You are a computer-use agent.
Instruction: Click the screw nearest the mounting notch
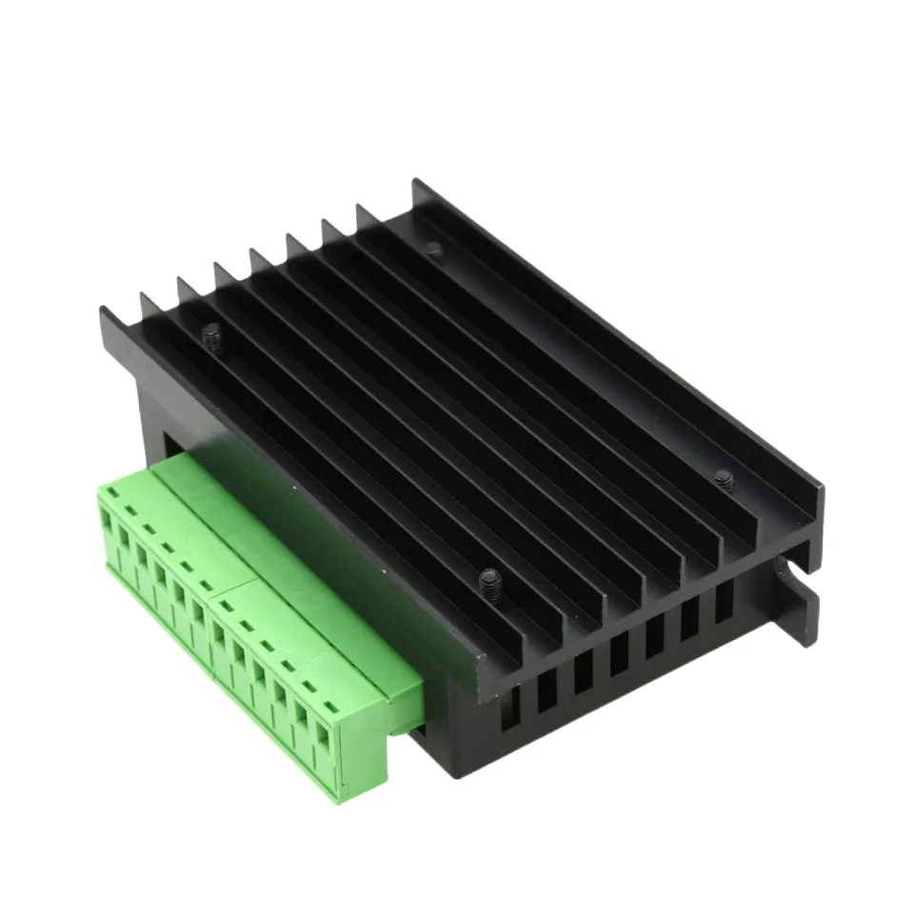tap(724, 479)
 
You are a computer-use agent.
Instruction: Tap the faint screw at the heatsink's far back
tap(433, 249)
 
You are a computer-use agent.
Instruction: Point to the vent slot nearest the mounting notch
tap(724, 599)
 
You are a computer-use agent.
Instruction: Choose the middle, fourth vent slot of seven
tap(619, 652)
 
